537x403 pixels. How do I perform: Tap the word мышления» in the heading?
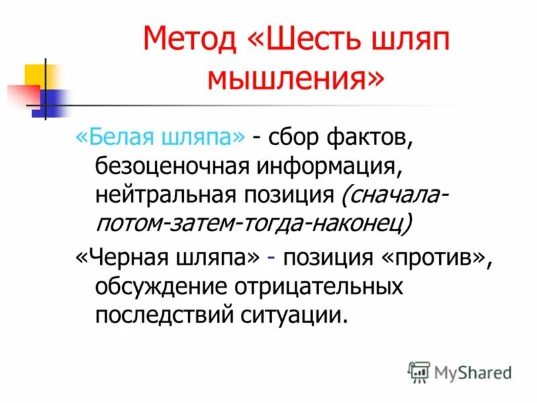coord(297,79)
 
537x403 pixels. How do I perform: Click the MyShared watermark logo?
coord(460,371)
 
